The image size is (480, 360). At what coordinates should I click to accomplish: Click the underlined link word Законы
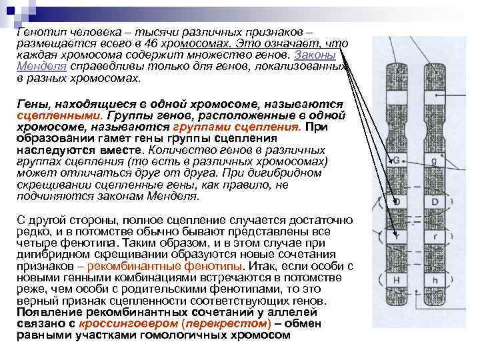(x=311, y=55)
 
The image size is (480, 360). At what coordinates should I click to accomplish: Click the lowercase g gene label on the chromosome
(x=433, y=161)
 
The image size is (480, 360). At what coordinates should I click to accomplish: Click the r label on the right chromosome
(x=434, y=237)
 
